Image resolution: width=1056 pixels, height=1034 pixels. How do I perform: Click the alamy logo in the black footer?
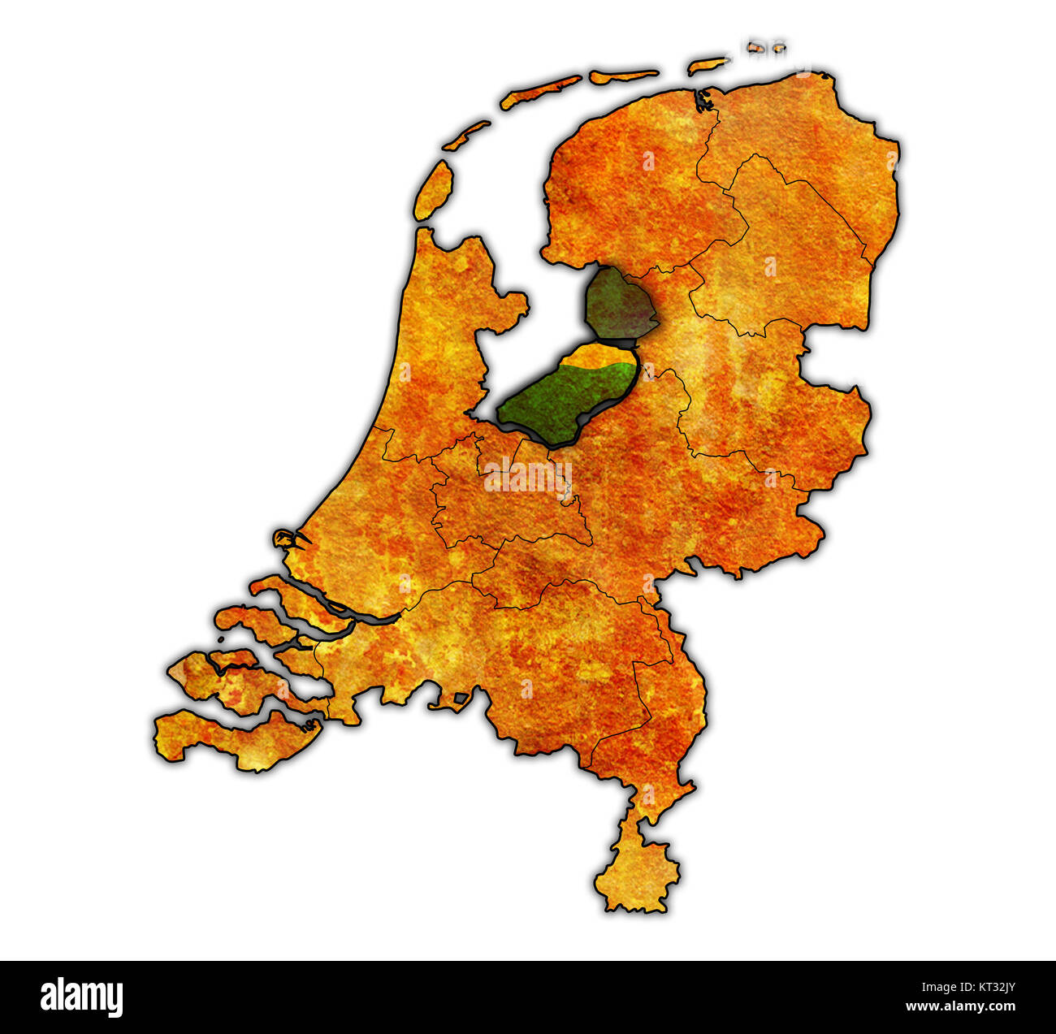click(81, 997)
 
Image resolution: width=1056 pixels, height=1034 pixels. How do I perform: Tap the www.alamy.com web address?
click(960, 1007)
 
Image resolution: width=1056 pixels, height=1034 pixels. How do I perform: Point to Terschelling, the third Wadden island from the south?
click(540, 91)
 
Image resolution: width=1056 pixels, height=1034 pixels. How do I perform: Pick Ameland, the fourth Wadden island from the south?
click(623, 76)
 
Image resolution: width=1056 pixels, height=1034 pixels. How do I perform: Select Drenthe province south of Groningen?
click(780, 260)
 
